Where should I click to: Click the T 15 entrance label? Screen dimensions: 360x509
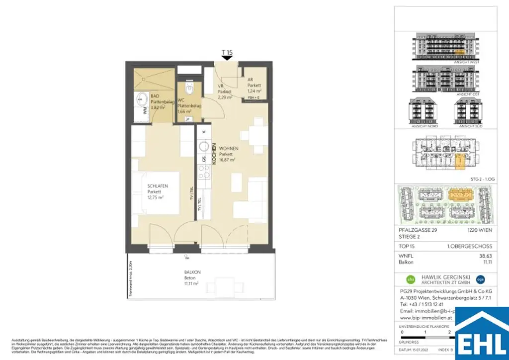pyautogui.click(x=227, y=52)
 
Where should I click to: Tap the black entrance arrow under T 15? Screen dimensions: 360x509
pyautogui.click(x=227, y=58)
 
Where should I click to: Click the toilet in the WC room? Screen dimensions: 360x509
pyautogui.click(x=189, y=89)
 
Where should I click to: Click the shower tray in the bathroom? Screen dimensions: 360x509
pyautogui.click(x=152, y=79)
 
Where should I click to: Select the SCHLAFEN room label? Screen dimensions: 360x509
pyautogui.click(x=158, y=186)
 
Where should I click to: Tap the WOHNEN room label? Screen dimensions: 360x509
pyautogui.click(x=229, y=149)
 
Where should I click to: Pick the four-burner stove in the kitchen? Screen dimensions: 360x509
pyautogui.click(x=203, y=172)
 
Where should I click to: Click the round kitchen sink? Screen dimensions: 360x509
pyautogui.click(x=203, y=147)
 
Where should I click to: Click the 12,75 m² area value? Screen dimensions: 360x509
pyautogui.click(x=156, y=197)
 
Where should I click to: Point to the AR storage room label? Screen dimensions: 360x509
pyautogui.click(x=251, y=80)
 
